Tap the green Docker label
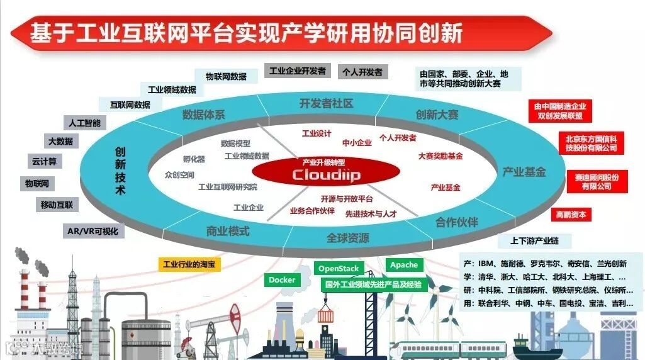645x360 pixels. [281, 280]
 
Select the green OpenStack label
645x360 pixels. [339, 269]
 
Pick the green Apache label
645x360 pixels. [403, 265]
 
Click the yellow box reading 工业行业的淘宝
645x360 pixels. [188, 264]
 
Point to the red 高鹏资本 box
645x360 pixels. [571, 215]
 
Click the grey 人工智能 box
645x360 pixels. [83, 123]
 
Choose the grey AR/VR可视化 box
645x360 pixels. [93, 231]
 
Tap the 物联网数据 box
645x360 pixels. [226, 76]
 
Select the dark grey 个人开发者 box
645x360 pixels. [362, 72]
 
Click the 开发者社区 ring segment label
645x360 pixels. [326, 103]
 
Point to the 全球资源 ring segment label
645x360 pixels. [347, 239]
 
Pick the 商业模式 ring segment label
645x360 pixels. [228, 231]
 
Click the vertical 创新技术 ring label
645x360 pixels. [120, 171]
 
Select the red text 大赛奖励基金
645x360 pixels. [440, 155]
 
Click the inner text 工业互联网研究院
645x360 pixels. [227, 187]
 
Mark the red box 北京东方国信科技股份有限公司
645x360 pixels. [591, 143]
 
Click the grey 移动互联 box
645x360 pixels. [57, 205]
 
